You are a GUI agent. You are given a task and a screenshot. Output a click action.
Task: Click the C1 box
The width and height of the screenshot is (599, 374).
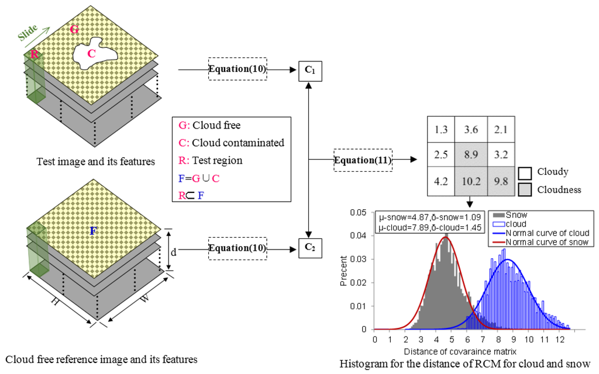click(x=310, y=70)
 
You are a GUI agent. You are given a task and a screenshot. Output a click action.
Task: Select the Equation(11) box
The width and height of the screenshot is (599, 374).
click(x=363, y=159)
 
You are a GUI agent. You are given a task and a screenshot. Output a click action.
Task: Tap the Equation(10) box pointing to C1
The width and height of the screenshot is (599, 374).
click(x=237, y=70)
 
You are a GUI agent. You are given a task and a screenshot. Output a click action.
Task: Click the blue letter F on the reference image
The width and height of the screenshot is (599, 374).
click(x=92, y=231)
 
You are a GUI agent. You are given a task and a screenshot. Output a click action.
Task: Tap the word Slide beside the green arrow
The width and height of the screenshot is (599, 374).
click(x=27, y=33)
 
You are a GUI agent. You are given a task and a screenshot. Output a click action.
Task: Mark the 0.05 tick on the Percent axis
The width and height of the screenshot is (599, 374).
click(x=362, y=213)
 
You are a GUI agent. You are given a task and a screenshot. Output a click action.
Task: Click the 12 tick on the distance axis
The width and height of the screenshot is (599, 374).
click(x=559, y=338)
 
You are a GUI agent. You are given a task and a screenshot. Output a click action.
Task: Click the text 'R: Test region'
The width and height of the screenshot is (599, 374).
click(x=209, y=161)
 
